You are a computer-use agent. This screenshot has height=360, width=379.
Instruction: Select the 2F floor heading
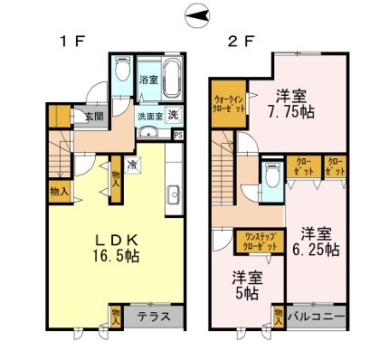point(238,41)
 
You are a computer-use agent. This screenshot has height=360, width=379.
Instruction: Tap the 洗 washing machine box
point(172,116)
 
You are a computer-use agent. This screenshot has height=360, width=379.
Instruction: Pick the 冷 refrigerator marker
point(133,166)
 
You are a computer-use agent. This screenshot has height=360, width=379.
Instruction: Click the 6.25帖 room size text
point(320,248)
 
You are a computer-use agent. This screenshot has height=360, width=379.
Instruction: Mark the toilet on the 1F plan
point(123,74)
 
